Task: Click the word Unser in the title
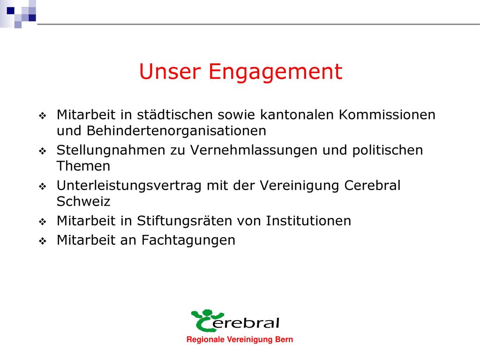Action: pos(170,71)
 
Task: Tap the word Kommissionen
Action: pos(387,115)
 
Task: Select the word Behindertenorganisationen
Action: pos(161,131)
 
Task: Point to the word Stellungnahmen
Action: pos(120,150)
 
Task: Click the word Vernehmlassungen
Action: pos(254,150)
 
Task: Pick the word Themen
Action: pos(83,166)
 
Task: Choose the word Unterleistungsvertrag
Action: pos(129,186)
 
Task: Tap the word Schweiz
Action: pos(83,202)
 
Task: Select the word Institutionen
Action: pos(308,221)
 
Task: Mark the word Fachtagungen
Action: pos(188,240)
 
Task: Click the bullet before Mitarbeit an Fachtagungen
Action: pos(43,241)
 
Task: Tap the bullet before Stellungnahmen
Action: pos(43,151)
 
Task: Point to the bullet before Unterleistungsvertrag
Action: pos(43,187)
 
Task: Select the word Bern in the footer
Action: pos(284,339)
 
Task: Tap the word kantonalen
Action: pos(297,115)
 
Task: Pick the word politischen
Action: pos(388,150)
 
